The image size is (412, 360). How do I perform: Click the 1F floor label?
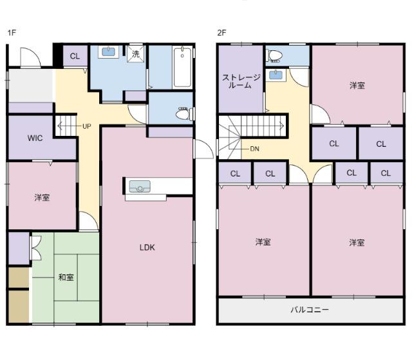coord(12,33)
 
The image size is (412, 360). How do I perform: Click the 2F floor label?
coord(221,33)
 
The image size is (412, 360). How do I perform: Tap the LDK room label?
coord(147,247)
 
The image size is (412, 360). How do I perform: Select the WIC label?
coord(35,138)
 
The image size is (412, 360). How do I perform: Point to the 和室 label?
coord(66,277)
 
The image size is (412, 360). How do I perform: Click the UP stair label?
coord(87,126)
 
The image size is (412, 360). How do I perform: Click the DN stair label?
coord(255,149)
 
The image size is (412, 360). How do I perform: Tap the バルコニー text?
coord(310,310)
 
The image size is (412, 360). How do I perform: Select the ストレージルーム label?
coord(241,81)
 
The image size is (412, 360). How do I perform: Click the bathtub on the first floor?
coord(182,67)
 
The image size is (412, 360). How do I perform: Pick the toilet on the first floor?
coord(184,114)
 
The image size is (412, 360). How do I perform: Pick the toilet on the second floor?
coord(274,55)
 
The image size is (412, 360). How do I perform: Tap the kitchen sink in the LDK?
coord(140,186)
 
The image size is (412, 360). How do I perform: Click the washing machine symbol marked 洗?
coord(136,54)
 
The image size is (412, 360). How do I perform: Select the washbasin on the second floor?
coord(276,75)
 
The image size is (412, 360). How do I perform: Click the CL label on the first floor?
coord(75,56)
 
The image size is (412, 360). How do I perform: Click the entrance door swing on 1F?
coord(30,57)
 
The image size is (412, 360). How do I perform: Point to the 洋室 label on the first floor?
coord(42,197)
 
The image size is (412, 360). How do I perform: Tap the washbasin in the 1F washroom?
coord(108,52)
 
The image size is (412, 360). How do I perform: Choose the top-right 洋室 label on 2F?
coord(357,86)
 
